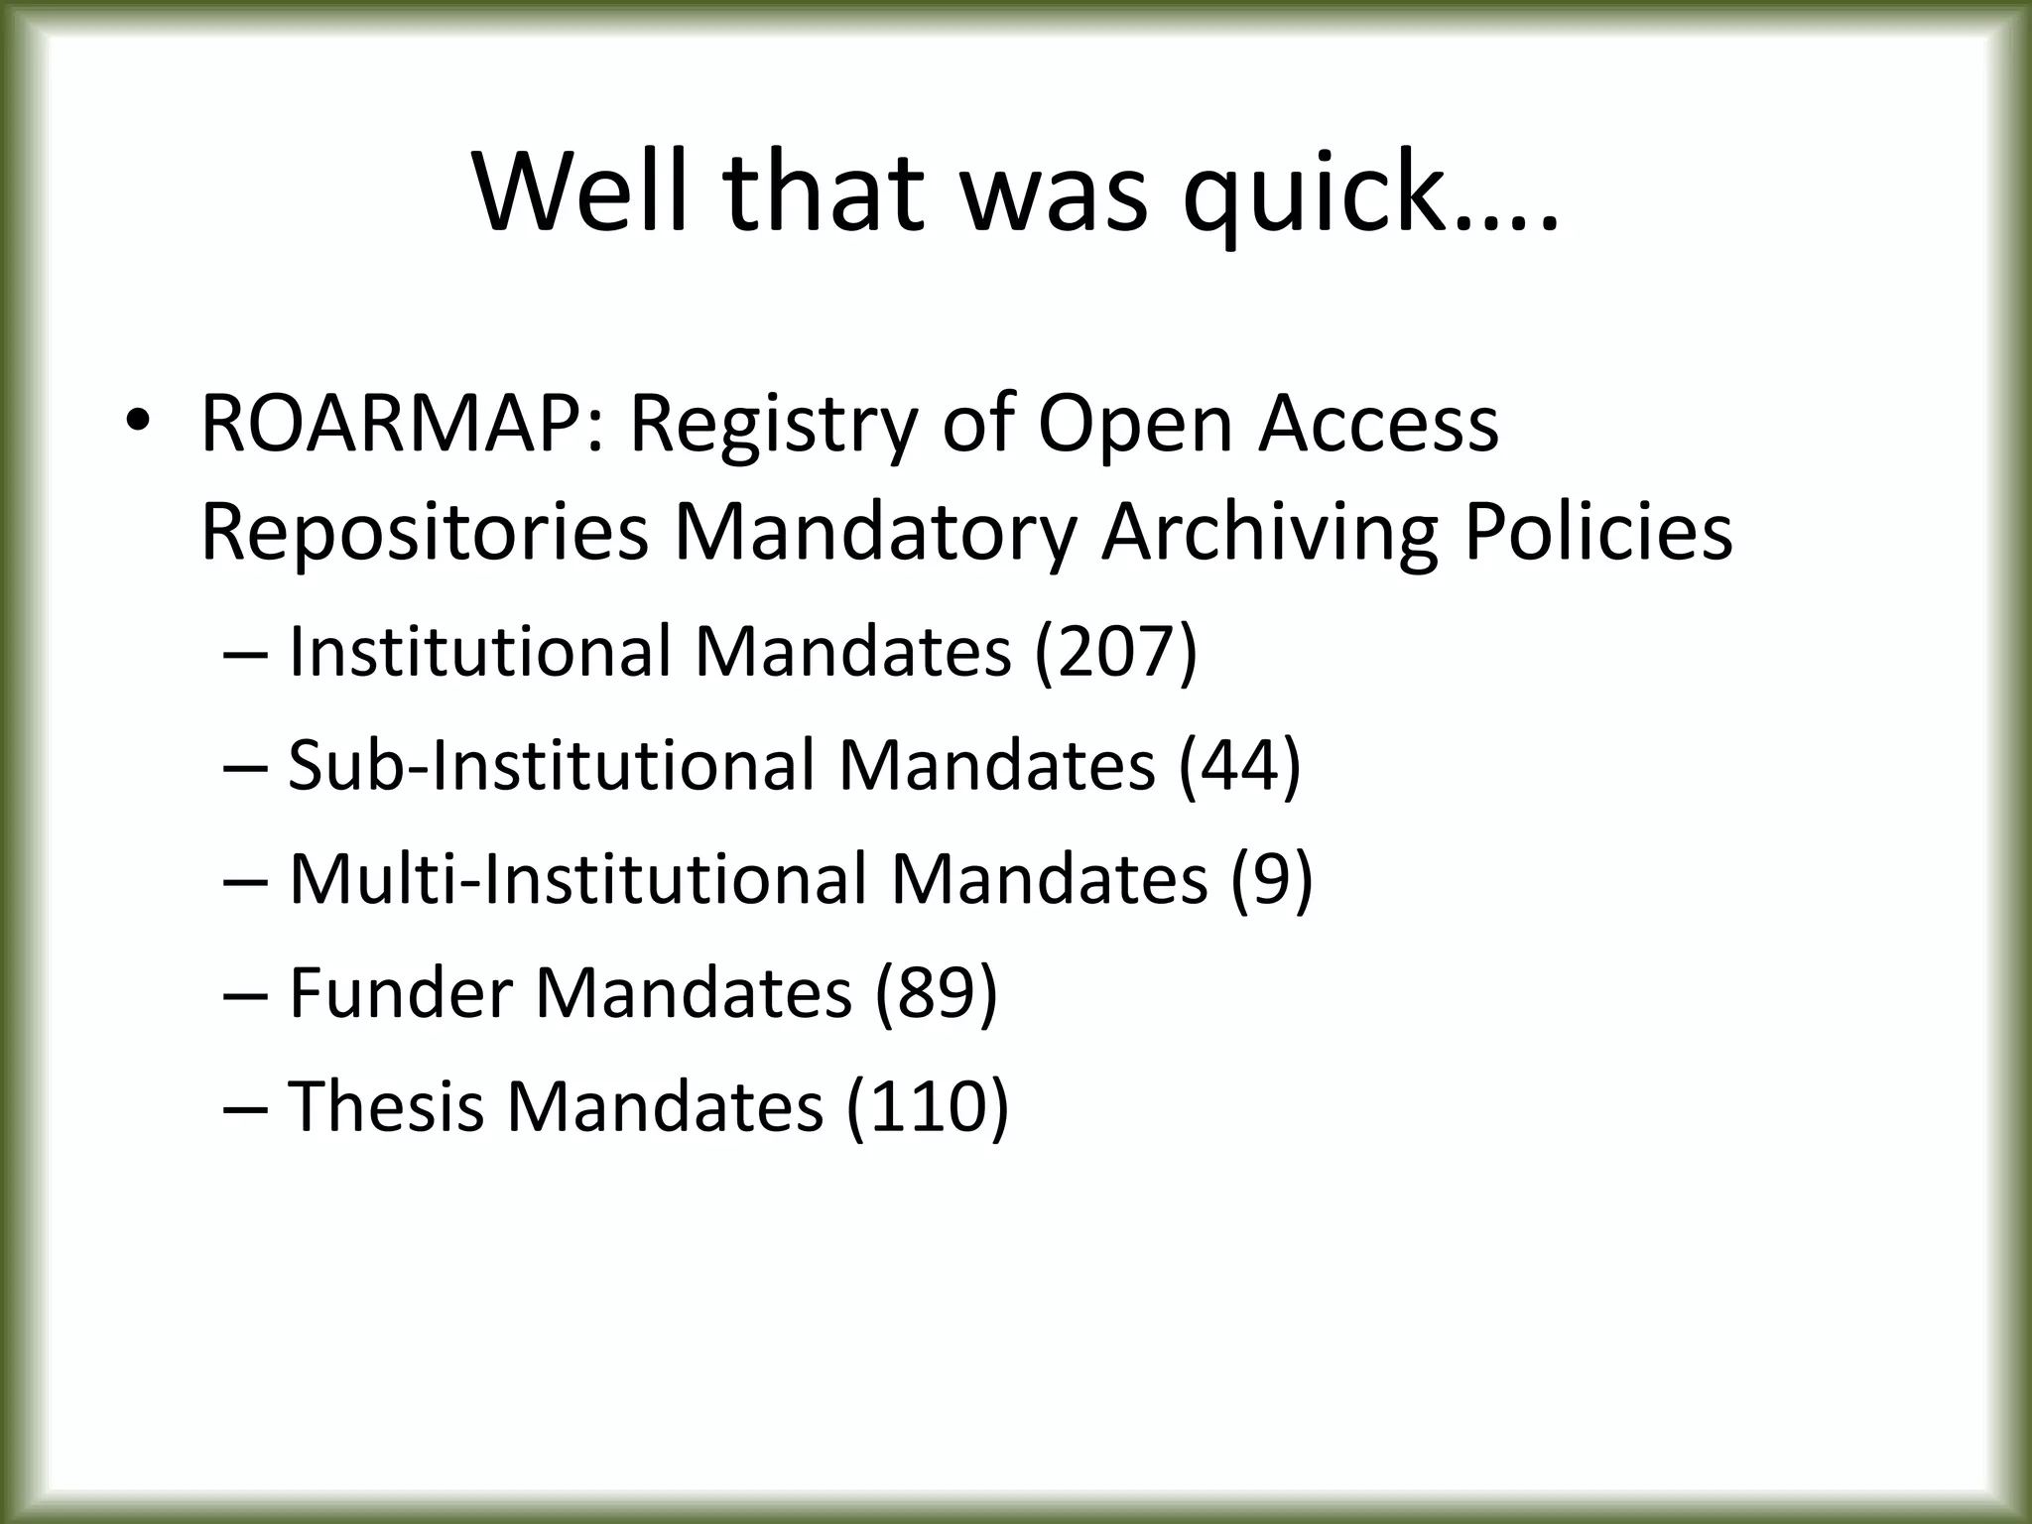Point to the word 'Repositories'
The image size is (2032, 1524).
point(424,534)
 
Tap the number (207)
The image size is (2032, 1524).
point(1115,653)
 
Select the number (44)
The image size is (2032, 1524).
point(1239,766)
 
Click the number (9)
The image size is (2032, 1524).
point(1271,879)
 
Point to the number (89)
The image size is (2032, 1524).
point(936,992)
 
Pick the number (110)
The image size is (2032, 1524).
point(927,1105)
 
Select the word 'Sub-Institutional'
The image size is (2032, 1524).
point(550,766)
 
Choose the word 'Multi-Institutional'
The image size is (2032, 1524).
point(576,879)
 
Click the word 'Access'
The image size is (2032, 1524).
point(1378,425)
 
